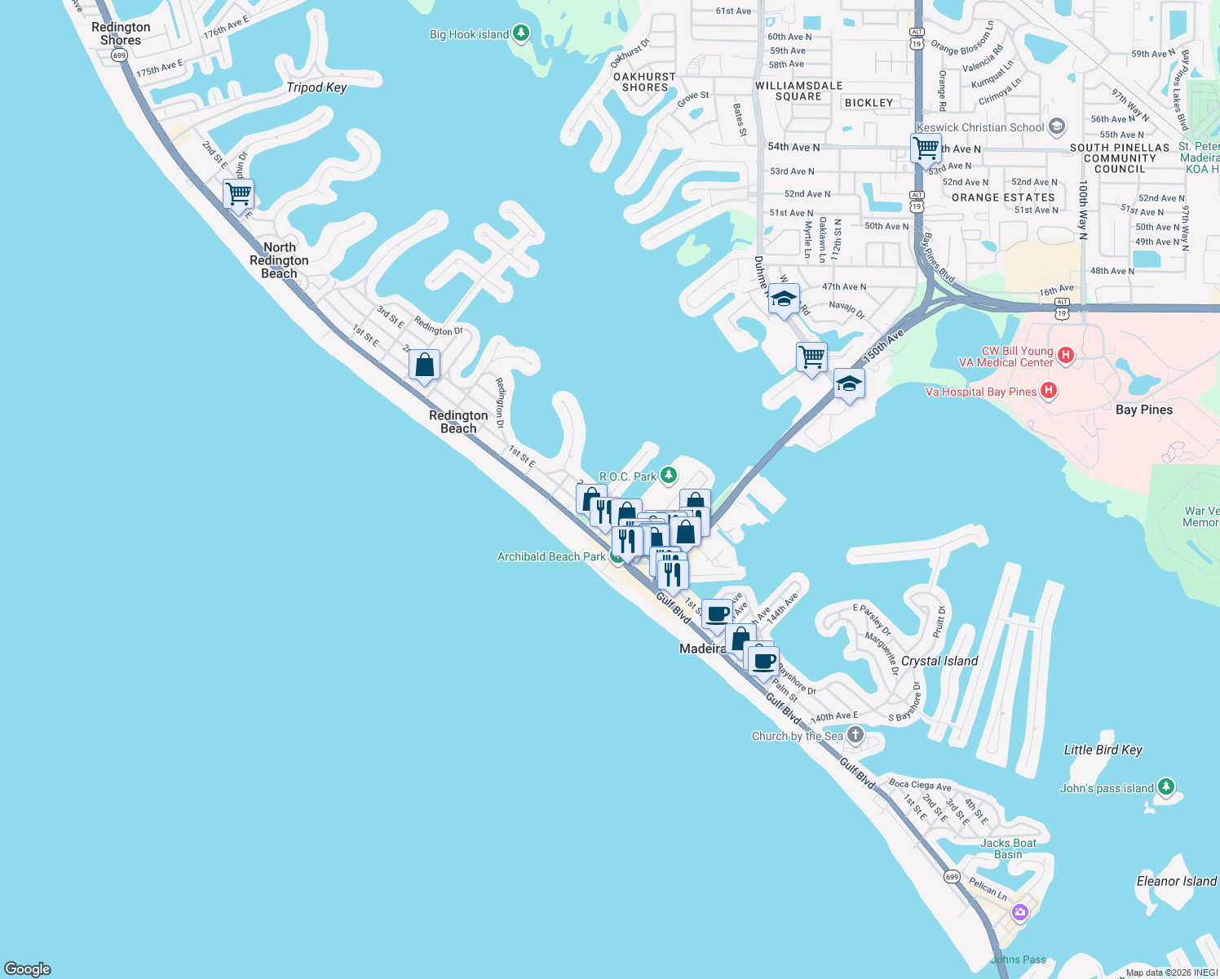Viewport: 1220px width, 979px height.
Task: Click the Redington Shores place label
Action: coord(121,33)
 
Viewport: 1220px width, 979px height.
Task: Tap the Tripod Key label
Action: coord(316,87)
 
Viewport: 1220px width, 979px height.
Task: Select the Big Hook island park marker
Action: coord(521,33)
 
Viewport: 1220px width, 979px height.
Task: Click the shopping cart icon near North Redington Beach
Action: coord(238,194)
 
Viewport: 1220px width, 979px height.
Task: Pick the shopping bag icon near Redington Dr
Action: coord(424,365)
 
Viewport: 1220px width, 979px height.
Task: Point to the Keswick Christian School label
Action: coord(980,127)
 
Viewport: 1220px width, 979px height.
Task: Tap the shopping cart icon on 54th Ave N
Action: coord(926,148)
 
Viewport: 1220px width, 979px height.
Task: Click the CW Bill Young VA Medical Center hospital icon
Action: coord(1065,355)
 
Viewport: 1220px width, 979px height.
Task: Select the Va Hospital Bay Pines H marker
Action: coord(1049,391)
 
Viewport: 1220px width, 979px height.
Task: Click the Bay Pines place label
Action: coord(1144,410)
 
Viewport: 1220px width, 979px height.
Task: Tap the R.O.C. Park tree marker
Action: coord(668,475)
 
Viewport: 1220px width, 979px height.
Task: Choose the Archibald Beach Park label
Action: coord(551,556)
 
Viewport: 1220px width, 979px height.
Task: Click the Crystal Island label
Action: coord(939,661)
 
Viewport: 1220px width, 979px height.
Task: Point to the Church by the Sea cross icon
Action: coord(855,735)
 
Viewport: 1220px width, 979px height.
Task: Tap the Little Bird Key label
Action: coord(1103,750)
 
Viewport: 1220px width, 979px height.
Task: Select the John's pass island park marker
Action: coord(1166,786)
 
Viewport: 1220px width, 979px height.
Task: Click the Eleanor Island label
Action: coord(1176,881)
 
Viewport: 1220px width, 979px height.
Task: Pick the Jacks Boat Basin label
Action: coord(1009,848)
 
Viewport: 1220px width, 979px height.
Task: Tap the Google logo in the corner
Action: coord(28,968)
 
